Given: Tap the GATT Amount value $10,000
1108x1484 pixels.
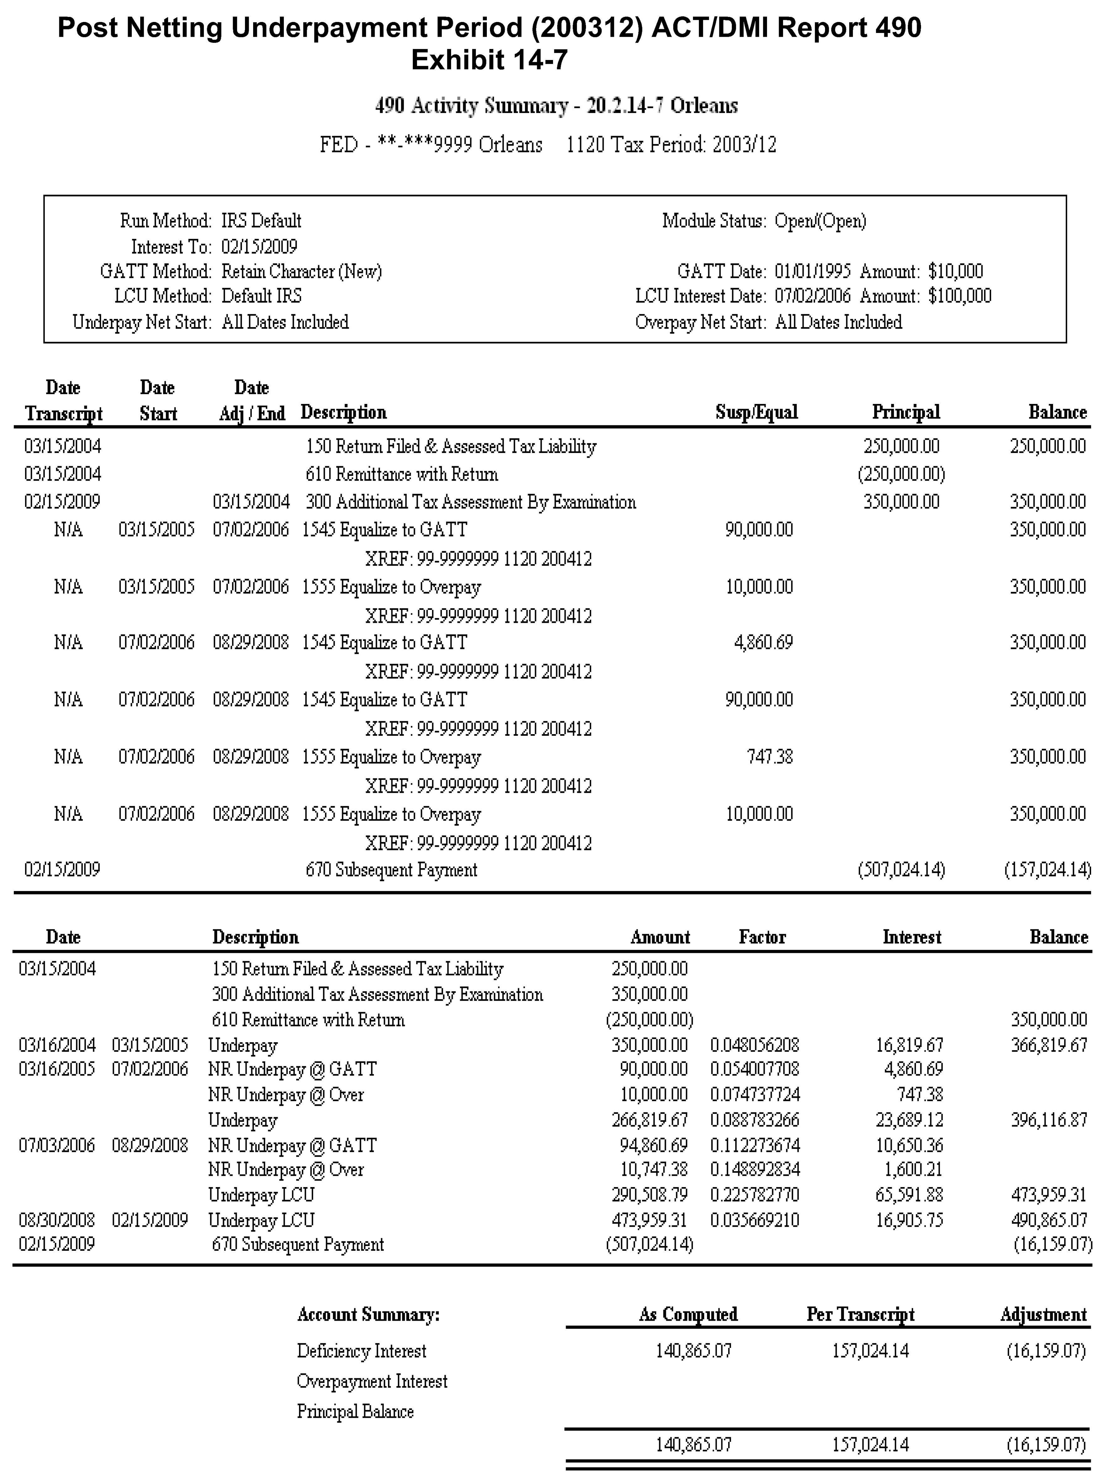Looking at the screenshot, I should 955,272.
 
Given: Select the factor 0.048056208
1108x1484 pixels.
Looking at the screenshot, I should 754,1045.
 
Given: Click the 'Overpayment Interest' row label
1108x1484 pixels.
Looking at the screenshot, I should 372,1381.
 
